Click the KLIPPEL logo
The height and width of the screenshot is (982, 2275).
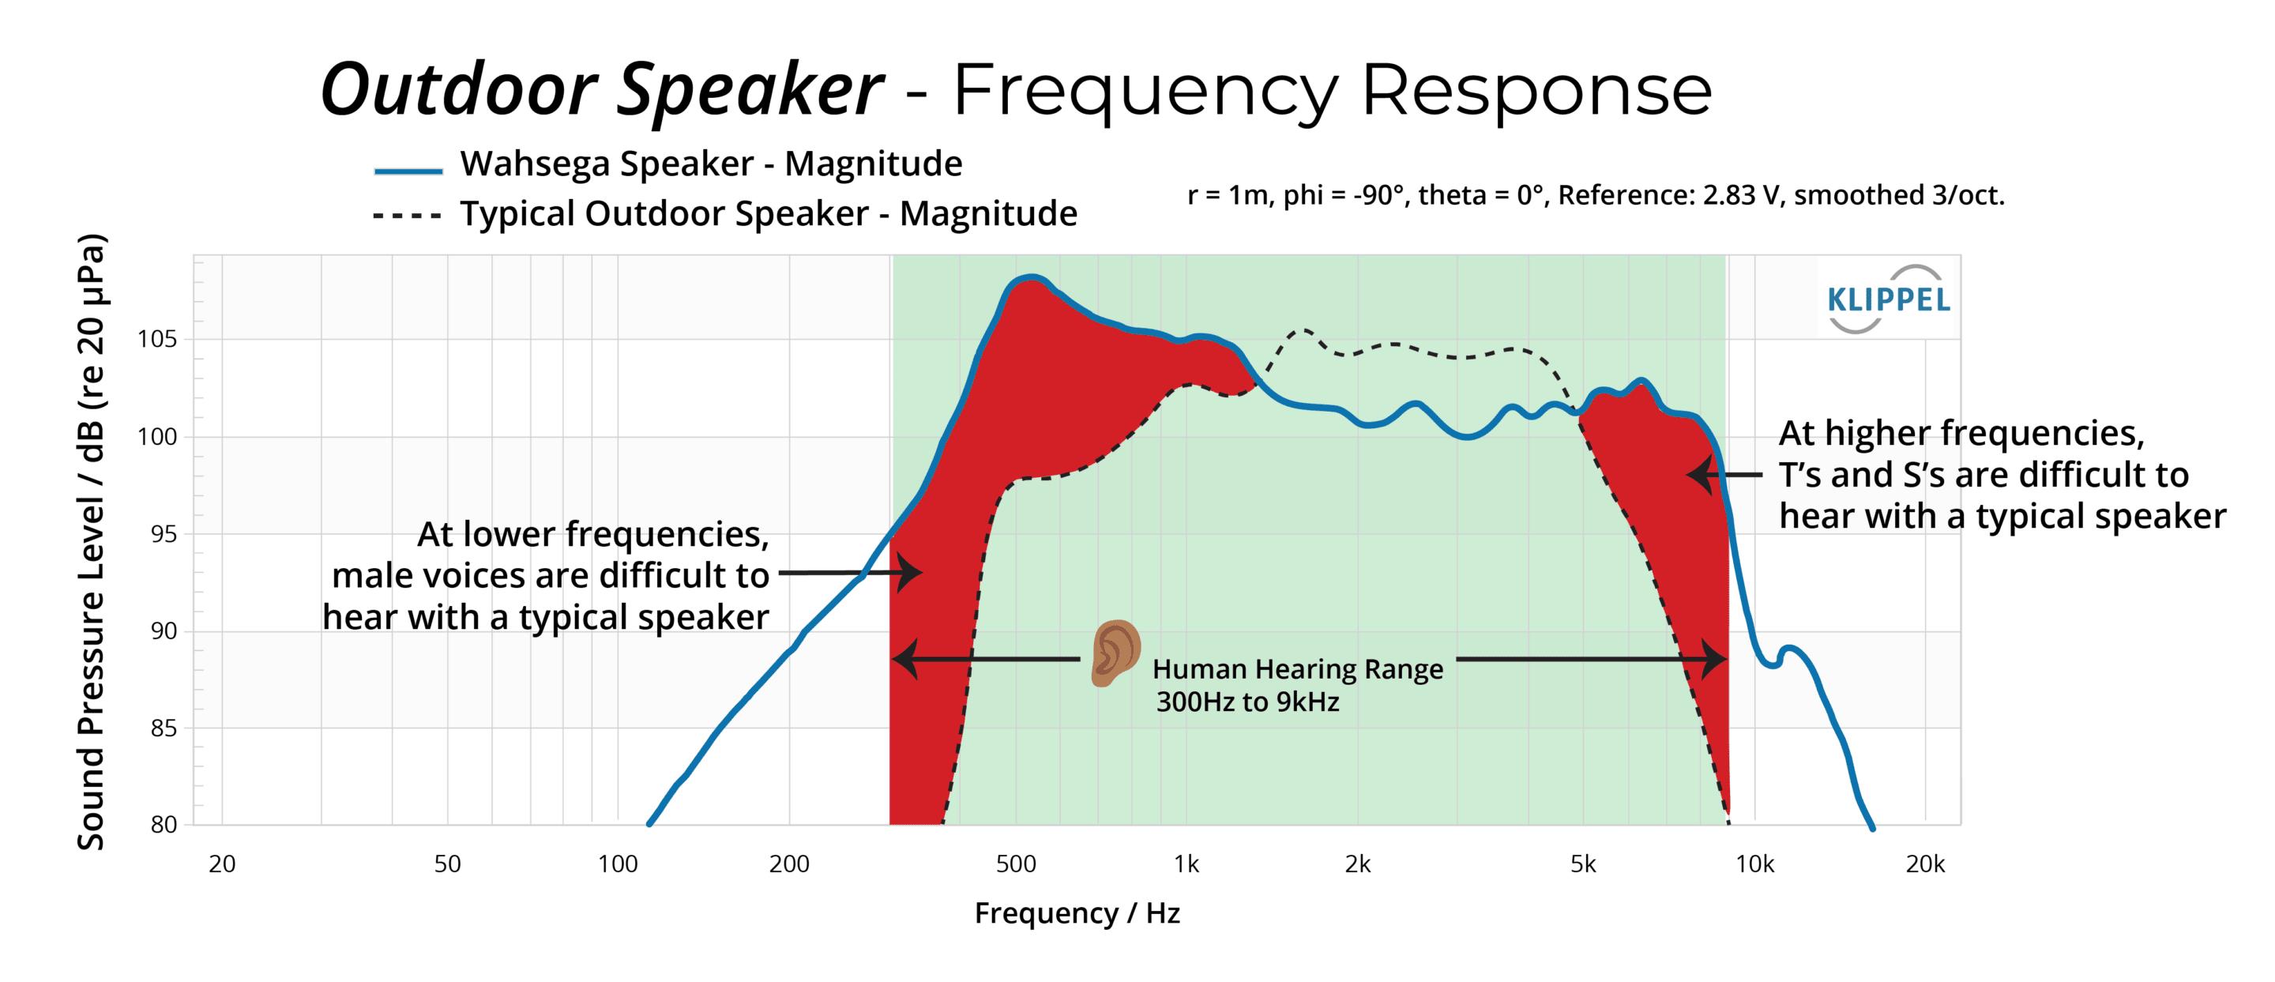(x=1887, y=299)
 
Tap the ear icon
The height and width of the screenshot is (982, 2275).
(x=1115, y=653)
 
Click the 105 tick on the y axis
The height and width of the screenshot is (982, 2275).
(x=157, y=339)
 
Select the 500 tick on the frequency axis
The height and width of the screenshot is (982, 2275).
(x=1016, y=863)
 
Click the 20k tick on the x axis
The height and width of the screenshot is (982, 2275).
(x=1925, y=863)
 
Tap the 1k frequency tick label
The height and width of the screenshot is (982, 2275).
(x=1186, y=863)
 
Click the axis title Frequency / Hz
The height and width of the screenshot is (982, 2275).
(x=1077, y=913)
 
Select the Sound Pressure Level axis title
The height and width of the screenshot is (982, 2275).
(x=92, y=541)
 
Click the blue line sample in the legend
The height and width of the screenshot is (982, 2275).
(x=408, y=171)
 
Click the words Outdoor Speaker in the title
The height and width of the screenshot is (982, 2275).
(x=601, y=90)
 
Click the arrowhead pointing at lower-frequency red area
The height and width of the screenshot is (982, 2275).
(x=910, y=572)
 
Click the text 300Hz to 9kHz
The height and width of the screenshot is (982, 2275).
(x=1247, y=702)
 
